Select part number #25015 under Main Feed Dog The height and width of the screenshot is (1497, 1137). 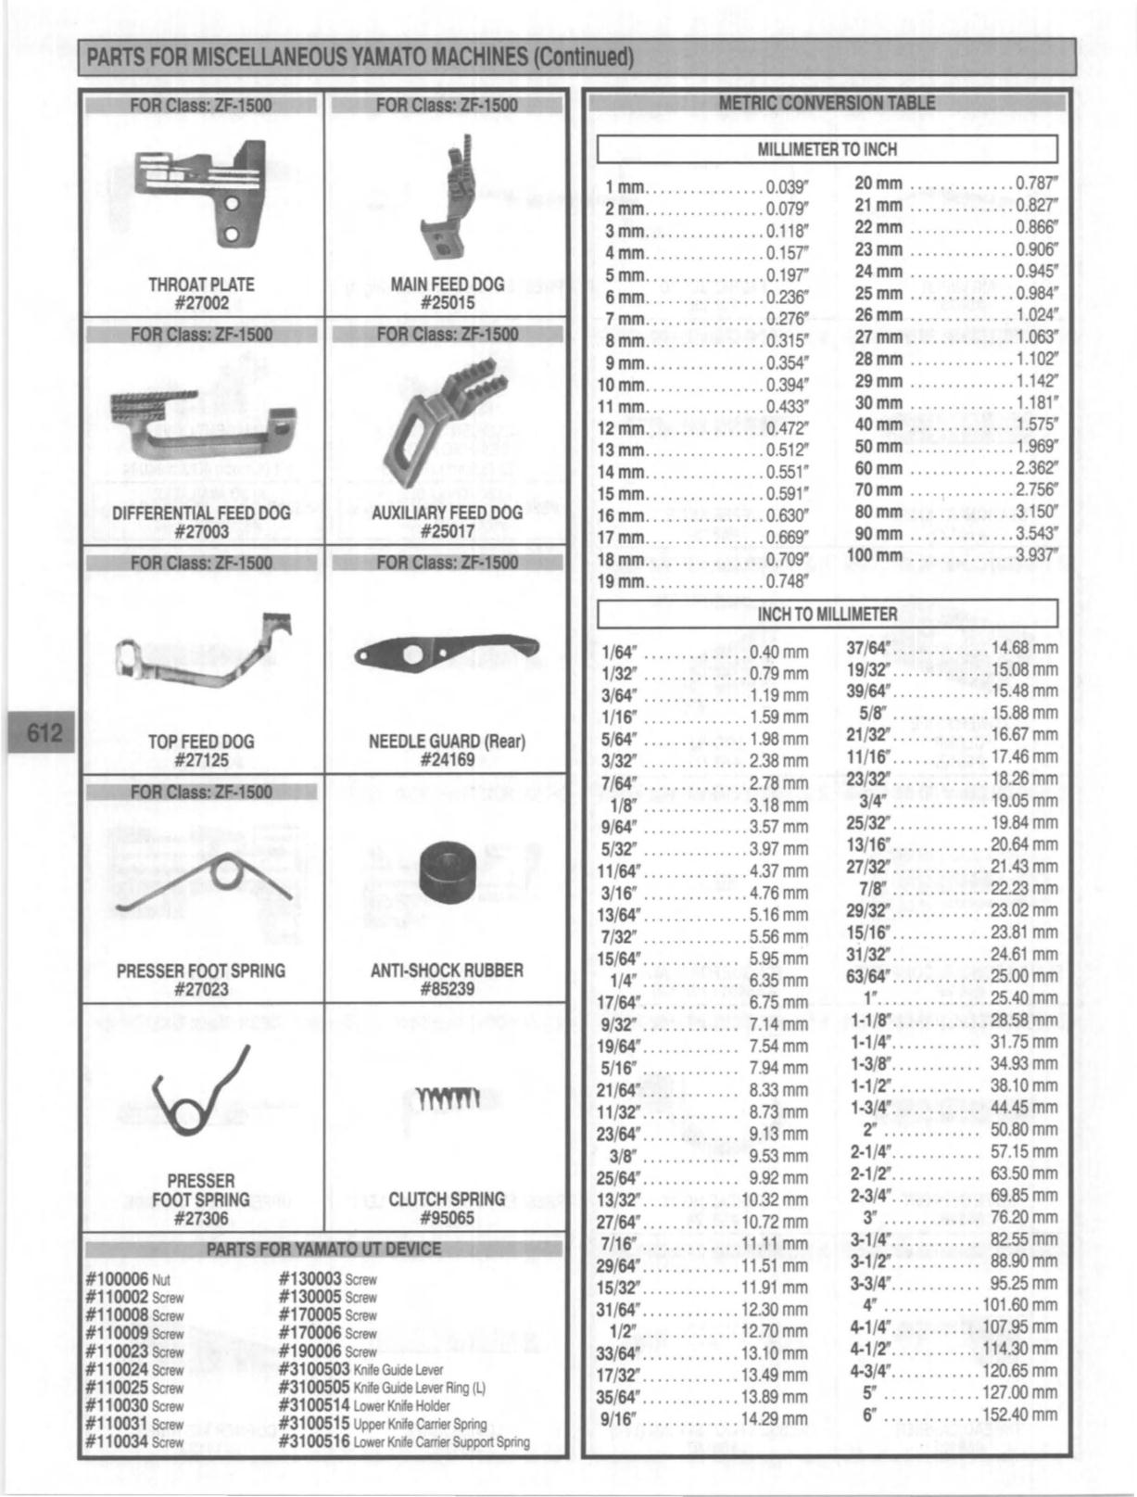(447, 302)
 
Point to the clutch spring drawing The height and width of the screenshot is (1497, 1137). (447, 1099)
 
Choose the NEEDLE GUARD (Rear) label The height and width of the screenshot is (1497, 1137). (447, 742)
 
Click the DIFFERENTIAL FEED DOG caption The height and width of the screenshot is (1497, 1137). (201, 513)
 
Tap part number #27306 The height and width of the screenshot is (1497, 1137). (201, 1218)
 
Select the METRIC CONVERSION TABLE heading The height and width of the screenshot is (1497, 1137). (827, 103)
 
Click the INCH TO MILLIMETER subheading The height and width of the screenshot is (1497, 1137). (827, 614)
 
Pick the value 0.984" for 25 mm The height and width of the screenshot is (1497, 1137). (1036, 294)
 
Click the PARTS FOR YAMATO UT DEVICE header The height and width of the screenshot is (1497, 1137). (323, 1250)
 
